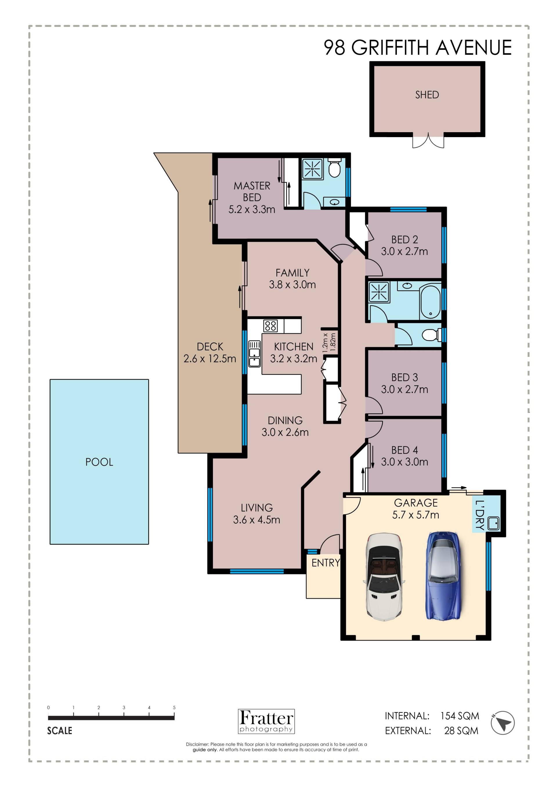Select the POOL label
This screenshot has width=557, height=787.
click(x=99, y=462)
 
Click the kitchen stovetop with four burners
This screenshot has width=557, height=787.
click(x=270, y=326)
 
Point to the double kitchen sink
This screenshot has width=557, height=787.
click(x=254, y=354)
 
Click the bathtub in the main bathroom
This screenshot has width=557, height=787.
click(x=430, y=301)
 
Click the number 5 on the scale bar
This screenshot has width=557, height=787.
click(x=174, y=708)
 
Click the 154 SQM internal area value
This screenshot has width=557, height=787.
click(x=460, y=716)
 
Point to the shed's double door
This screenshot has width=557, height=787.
click(x=428, y=141)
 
